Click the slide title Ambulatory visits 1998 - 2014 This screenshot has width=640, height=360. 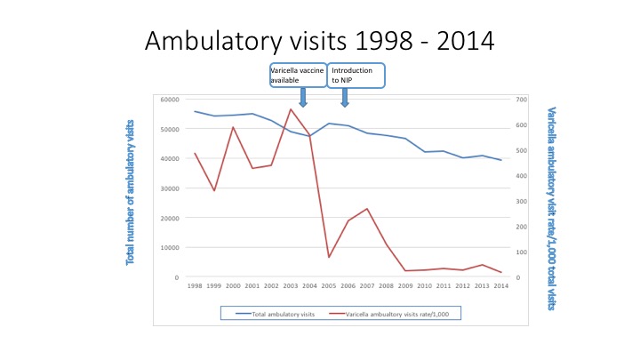tap(320, 41)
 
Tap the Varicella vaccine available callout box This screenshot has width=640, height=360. tap(298, 76)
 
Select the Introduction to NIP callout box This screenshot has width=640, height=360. tap(356, 76)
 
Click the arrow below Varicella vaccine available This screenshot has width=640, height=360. tap(303, 97)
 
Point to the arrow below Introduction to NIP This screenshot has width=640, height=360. tap(345, 97)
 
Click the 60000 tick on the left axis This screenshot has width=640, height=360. tap(169, 99)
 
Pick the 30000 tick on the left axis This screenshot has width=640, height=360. tap(169, 188)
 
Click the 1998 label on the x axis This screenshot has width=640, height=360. tap(195, 285)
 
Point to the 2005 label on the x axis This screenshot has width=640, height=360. tap(328, 285)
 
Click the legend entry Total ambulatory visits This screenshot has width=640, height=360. tap(275, 313)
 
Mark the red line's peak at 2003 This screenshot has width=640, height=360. tap(291, 109)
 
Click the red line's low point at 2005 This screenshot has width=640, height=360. tap(329, 258)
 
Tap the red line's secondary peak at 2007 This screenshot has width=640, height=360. tap(367, 209)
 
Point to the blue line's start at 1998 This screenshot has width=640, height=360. tap(195, 111)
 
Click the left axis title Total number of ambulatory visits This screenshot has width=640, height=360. tap(131, 191)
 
